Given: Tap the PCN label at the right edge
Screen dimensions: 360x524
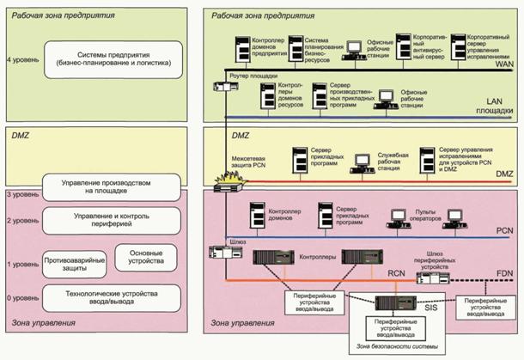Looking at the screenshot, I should [x=504, y=232].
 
